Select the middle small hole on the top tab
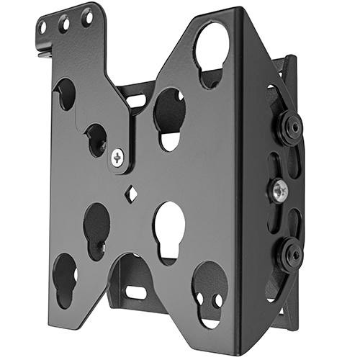66,23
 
